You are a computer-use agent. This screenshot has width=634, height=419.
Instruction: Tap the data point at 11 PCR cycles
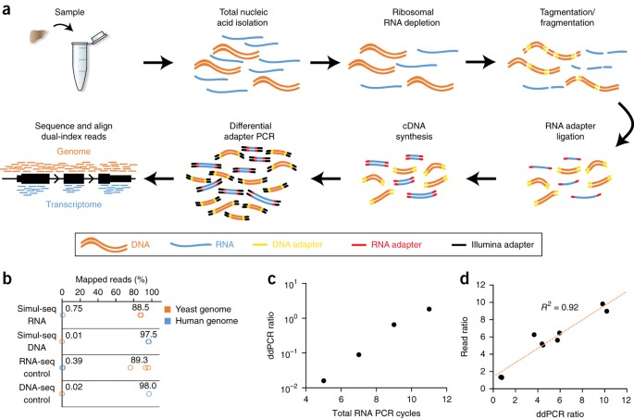click(429, 309)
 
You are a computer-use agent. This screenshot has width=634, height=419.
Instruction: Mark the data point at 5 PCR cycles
click(323, 380)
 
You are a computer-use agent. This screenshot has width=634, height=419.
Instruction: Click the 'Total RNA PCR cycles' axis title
click(376, 410)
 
